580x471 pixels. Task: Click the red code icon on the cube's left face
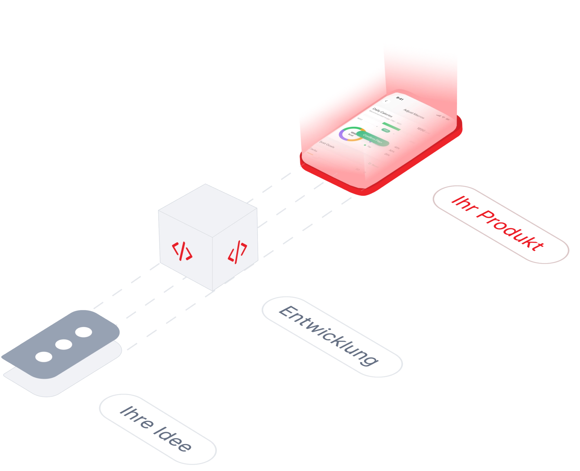tap(182, 251)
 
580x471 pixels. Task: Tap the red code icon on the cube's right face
tap(238, 252)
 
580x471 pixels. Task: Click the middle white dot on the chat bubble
tap(64, 345)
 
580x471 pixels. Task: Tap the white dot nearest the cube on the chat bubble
tap(84, 332)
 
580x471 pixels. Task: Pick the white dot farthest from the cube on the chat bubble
tap(44, 357)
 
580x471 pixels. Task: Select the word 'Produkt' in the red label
tap(510, 231)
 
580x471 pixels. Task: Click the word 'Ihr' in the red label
tap(463, 204)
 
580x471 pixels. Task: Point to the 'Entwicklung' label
tap(329, 336)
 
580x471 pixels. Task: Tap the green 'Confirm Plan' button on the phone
tap(373, 139)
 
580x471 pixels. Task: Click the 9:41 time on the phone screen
tap(400, 99)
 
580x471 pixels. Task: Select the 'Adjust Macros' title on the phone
tap(414, 114)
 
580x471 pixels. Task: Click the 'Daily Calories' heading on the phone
tap(382, 112)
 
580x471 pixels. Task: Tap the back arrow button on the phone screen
tap(386, 101)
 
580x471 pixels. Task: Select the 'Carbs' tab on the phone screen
tap(313, 150)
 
